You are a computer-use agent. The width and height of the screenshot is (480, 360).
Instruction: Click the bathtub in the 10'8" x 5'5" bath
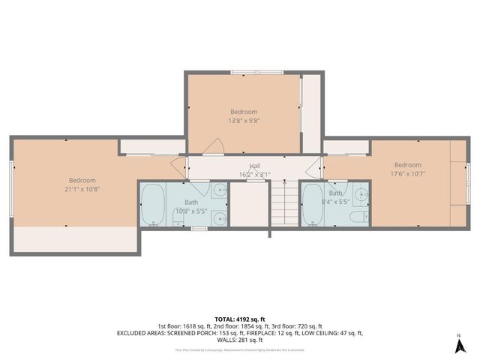pyautogui.click(x=154, y=205)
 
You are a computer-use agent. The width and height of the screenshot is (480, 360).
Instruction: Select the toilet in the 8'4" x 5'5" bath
pyautogui.click(x=357, y=217)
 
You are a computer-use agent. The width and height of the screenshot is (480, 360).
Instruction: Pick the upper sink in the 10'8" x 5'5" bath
pyautogui.click(x=219, y=190)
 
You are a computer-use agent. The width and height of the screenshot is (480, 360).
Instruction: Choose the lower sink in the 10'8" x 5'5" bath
pyautogui.click(x=218, y=218)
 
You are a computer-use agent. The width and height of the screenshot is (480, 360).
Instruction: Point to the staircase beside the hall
pyautogui.click(x=283, y=203)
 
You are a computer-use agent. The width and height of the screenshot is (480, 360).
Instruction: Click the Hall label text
pyautogui.click(x=255, y=166)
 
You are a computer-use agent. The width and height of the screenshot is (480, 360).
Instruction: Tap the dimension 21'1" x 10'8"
pyautogui.click(x=82, y=189)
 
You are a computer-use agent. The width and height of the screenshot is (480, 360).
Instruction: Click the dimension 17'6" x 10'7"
pyautogui.click(x=408, y=174)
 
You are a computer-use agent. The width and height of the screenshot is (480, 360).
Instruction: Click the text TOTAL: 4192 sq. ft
pyautogui.click(x=240, y=318)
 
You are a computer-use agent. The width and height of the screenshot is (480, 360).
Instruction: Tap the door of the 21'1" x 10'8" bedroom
pyautogui.click(x=178, y=166)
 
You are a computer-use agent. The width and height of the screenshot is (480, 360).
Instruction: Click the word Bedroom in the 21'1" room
pyautogui.click(x=82, y=180)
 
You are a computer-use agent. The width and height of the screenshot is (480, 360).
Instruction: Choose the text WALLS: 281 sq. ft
pyautogui.click(x=240, y=340)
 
